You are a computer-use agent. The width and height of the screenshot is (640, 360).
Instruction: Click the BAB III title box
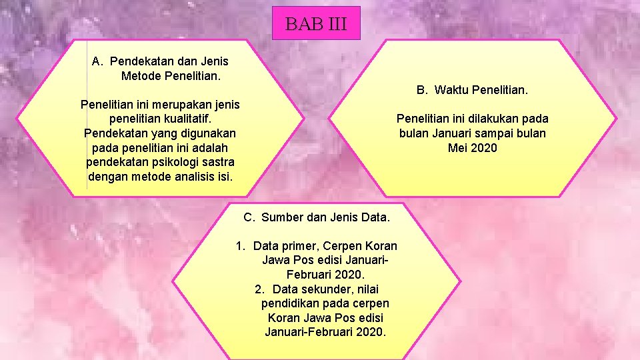click(x=316, y=24)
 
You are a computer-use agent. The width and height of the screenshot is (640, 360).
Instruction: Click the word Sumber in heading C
click(x=281, y=217)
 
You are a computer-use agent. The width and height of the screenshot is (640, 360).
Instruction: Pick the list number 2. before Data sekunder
click(x=259, y=289)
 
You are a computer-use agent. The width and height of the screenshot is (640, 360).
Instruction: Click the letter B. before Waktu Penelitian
click(x=422, y=89)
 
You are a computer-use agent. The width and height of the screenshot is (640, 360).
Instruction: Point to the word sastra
click(x=218, y=162)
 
